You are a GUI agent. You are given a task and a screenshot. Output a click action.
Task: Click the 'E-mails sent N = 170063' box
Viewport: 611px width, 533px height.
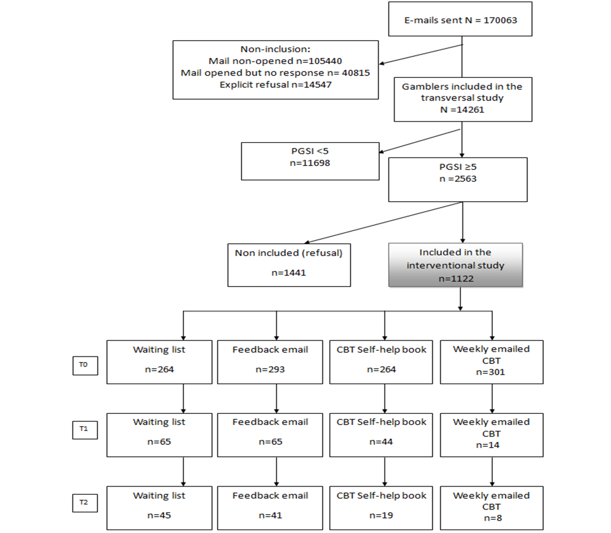click(x=460, y=19)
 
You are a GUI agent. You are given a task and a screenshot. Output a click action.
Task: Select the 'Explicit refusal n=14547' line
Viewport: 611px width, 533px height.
click(x=275, y=85)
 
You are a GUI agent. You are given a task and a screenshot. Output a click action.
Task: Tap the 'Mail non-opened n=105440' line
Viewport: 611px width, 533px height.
click(x=275, y=61)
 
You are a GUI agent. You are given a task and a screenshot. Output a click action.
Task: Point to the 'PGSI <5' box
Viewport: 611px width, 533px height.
click(x=310, y=161)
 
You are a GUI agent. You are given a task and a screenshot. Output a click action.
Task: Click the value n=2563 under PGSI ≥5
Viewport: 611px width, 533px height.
click(x=458, y=179)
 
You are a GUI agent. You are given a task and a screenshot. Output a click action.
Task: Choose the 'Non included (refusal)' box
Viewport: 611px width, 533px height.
click(x=289, y=265)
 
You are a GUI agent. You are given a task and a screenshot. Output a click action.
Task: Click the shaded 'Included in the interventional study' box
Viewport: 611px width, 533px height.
click(x=455, y=265)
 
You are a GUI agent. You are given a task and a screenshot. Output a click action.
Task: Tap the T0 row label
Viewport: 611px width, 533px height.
click(x=85, y=365)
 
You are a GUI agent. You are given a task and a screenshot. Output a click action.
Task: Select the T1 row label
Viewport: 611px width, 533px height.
click(x=85, y=429)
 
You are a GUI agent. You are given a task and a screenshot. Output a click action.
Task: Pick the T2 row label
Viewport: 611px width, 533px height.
click(x=85, y=502)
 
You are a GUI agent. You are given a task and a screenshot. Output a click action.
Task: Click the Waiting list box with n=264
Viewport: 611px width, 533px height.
click(x=159, y=361)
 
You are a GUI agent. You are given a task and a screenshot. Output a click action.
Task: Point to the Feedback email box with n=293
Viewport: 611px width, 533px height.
click(x=270, y=361)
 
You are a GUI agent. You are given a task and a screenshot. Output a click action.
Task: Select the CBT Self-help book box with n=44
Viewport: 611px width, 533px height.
click(x=381, y=434)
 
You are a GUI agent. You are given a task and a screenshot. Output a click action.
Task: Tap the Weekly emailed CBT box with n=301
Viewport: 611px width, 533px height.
click(x=491, y=361)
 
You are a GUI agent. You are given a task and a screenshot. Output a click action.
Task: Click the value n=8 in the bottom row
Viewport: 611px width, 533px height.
click(x=491, y=518)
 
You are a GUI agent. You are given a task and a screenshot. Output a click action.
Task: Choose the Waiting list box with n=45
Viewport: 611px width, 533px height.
click(x=159, y=508)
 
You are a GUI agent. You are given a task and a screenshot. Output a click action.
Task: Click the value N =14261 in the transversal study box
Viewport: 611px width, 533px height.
click(x=462, y=109)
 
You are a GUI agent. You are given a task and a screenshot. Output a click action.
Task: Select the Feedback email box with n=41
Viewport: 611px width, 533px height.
click(x=270, y=508)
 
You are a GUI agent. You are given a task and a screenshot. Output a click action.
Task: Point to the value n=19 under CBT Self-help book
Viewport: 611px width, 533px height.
click(x=381, y=515)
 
